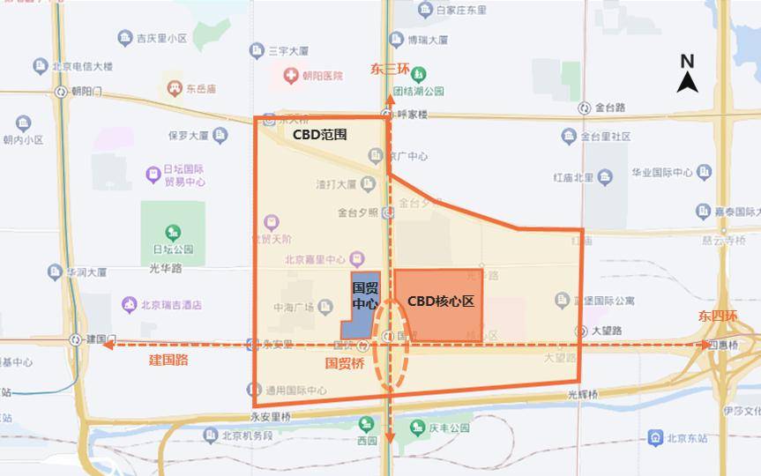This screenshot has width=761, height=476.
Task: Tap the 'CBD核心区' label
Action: click(x=440, y=301)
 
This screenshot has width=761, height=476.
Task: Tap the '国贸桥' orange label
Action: click(x=345, y=362)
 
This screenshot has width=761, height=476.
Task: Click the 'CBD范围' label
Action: click(x=319, y=135)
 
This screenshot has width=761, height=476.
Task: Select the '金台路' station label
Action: click(x=609, y=108)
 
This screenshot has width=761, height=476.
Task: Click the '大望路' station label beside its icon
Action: click(x=607, y=331)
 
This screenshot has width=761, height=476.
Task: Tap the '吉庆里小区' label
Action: click(x=162, y=38)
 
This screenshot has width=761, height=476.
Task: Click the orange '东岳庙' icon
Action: click(x=172, y=88)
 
